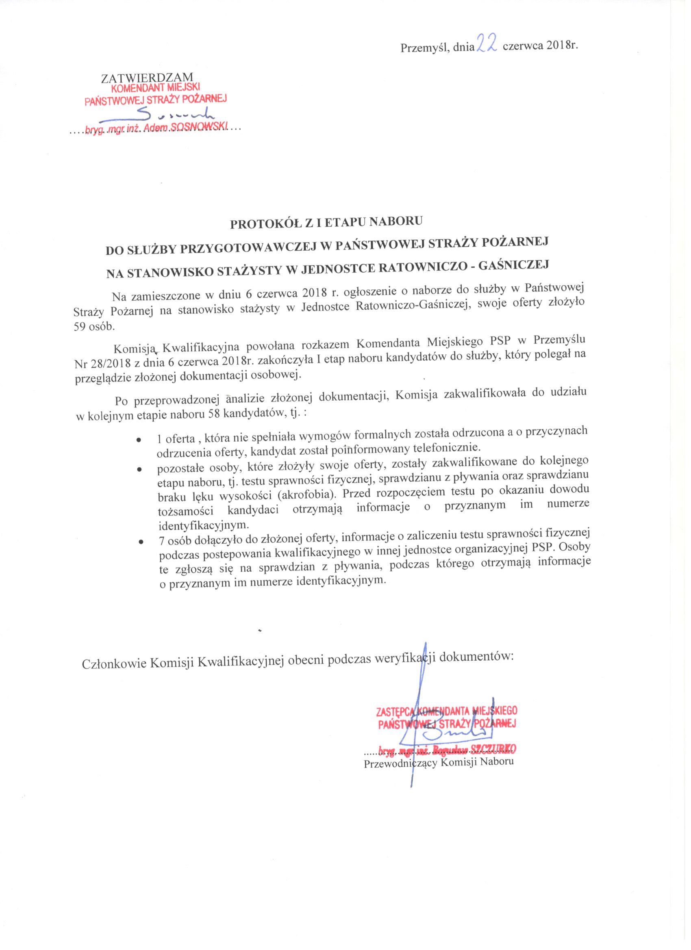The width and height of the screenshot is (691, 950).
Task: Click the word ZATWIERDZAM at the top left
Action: [148, 78]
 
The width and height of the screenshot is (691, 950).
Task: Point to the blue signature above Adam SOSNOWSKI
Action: [180, 114]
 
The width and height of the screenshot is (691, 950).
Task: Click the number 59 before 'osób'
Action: [80, 327]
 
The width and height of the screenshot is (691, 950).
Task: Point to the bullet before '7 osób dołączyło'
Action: [140, 542]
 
